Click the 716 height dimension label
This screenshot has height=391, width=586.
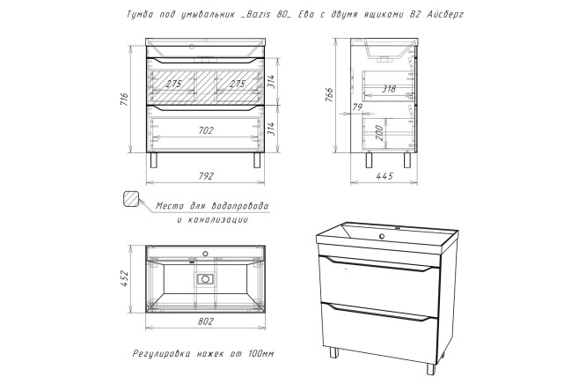pos(124,100)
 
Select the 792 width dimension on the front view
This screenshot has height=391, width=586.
pos(206,176)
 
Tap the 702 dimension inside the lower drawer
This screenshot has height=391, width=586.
pos(206,130)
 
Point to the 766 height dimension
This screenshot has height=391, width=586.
pos(329,96)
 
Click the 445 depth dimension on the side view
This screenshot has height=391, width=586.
pos(385,176)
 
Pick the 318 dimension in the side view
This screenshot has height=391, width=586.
pos(389,90)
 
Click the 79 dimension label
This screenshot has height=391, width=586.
pos(357,107)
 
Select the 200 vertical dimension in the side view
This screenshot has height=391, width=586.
pos(379,132)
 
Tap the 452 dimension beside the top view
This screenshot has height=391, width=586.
pos(124,278)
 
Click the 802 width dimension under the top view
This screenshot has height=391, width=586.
pos(206,321)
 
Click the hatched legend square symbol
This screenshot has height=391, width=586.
pos(131,199)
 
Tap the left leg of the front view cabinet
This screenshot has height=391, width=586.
pos(154,159)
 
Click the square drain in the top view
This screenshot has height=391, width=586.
pos(205,279)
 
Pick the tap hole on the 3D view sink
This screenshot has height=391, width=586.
pos(382,236)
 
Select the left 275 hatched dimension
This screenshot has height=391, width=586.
pos(173,84)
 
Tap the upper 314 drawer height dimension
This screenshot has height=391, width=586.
pos(272,82)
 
